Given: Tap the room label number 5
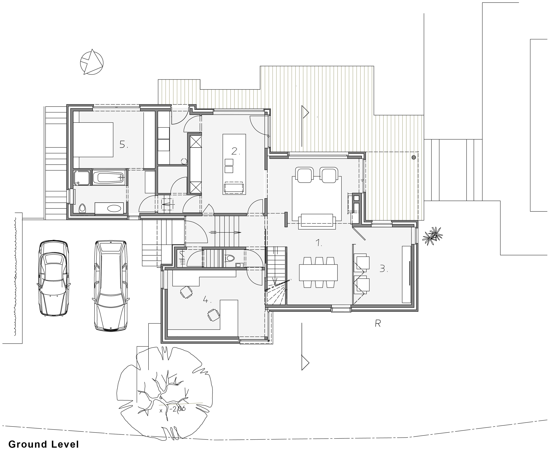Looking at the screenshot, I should tap(123, 144).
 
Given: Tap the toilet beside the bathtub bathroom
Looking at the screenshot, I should tap(82, 208).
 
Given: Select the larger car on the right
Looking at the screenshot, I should tap(111, 285).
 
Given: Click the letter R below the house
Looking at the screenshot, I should tap(377, 324).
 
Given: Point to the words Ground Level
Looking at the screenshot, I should tap(43, 444).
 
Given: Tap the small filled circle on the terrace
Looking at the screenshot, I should tap(414, 157).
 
